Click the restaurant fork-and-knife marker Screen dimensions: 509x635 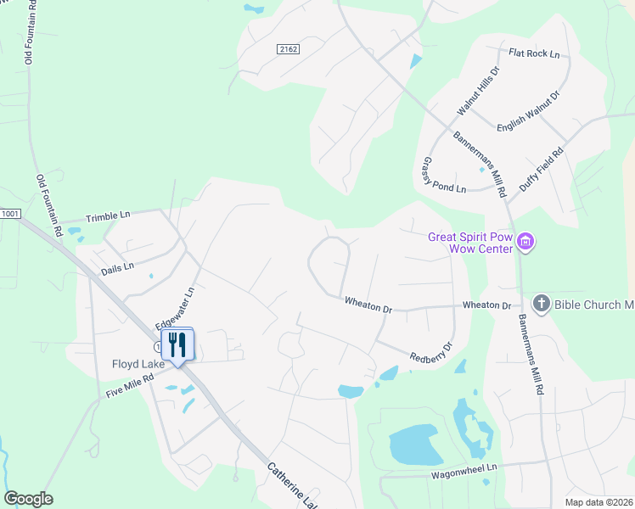tap(177, 344)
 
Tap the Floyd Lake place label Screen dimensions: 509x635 tap(137, 365)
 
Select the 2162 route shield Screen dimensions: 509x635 tap(289, 50)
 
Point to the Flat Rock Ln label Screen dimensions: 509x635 tap(534, 53)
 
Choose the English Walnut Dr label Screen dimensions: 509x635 tap(529, 112)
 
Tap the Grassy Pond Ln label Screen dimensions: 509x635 tap(444, 176)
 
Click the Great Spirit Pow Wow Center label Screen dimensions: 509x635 tap(471, 243)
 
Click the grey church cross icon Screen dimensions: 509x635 tap(540, 303)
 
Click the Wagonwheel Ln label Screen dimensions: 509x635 tap(463, 469)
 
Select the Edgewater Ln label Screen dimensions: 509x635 tap(175, 307)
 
